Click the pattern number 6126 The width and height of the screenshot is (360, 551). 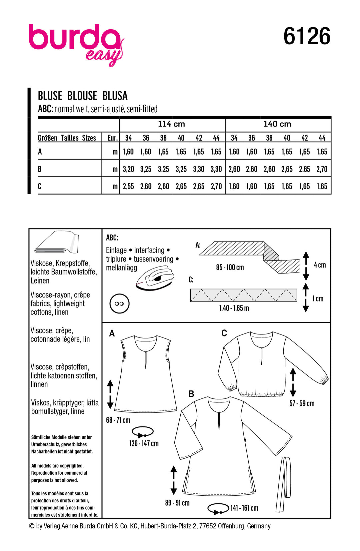click(x=307, y=36)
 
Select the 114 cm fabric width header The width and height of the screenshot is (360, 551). click(x=171, y=124)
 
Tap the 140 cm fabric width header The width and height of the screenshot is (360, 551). click(x=277, y=124)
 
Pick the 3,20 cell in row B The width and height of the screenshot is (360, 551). click(x=128, y=169)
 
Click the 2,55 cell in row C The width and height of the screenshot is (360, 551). click(x=128, y=187)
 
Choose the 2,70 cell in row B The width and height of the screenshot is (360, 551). click(x=322, y=169)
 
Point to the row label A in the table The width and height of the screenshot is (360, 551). click(x=40, y=152)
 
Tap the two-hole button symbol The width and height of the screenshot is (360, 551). click(x=119, y=303)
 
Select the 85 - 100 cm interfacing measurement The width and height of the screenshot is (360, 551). click(x=230, y=268)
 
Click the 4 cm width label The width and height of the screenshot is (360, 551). click(x=320, y=265)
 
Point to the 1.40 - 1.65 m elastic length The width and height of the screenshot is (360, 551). click(x=234, y=308)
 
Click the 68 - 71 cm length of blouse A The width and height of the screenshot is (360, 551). click(x=118, y=420)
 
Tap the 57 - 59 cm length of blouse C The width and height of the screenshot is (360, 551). click(x=302, y=403)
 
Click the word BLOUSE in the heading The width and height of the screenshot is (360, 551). click(x=82, y=96)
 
